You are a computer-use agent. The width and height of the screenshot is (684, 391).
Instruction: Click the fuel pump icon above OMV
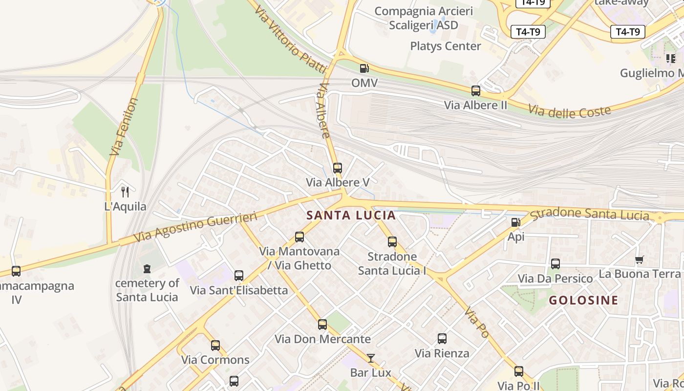pos(364,68)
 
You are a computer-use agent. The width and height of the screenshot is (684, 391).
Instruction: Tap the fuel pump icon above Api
pos(515,222)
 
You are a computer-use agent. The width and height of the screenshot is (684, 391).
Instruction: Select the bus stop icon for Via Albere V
pos(337,168)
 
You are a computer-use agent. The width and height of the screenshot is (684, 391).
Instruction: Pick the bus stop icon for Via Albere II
pos(475,90)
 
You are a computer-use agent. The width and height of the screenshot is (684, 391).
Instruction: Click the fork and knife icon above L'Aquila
pos(125,192)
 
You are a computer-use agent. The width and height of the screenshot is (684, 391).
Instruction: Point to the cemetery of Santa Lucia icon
pos(147,268)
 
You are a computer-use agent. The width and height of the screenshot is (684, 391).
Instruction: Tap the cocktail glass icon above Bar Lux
pos(371,358)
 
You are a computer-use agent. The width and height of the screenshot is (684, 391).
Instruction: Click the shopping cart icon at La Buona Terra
pos(639,260)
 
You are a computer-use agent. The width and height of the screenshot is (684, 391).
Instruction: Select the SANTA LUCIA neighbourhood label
pos(351,215)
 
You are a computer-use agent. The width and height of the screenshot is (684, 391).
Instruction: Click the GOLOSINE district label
pos(583,300)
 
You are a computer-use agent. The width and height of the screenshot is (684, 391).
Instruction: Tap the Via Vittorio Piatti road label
pos(290,39)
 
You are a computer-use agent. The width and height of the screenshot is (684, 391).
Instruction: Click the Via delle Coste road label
pos(570,111)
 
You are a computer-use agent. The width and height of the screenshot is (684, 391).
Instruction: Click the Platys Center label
pos(446,46)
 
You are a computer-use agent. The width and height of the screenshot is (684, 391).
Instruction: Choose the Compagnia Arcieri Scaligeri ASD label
pos(424,18)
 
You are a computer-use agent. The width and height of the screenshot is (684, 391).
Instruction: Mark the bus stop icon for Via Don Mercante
pos(322,324)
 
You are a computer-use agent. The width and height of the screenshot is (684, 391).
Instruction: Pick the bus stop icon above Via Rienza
pos(442,338)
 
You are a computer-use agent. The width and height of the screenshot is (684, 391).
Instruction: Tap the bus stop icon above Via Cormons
pos(215,345)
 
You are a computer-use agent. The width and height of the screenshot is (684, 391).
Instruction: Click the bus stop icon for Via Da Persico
pos(555,264)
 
